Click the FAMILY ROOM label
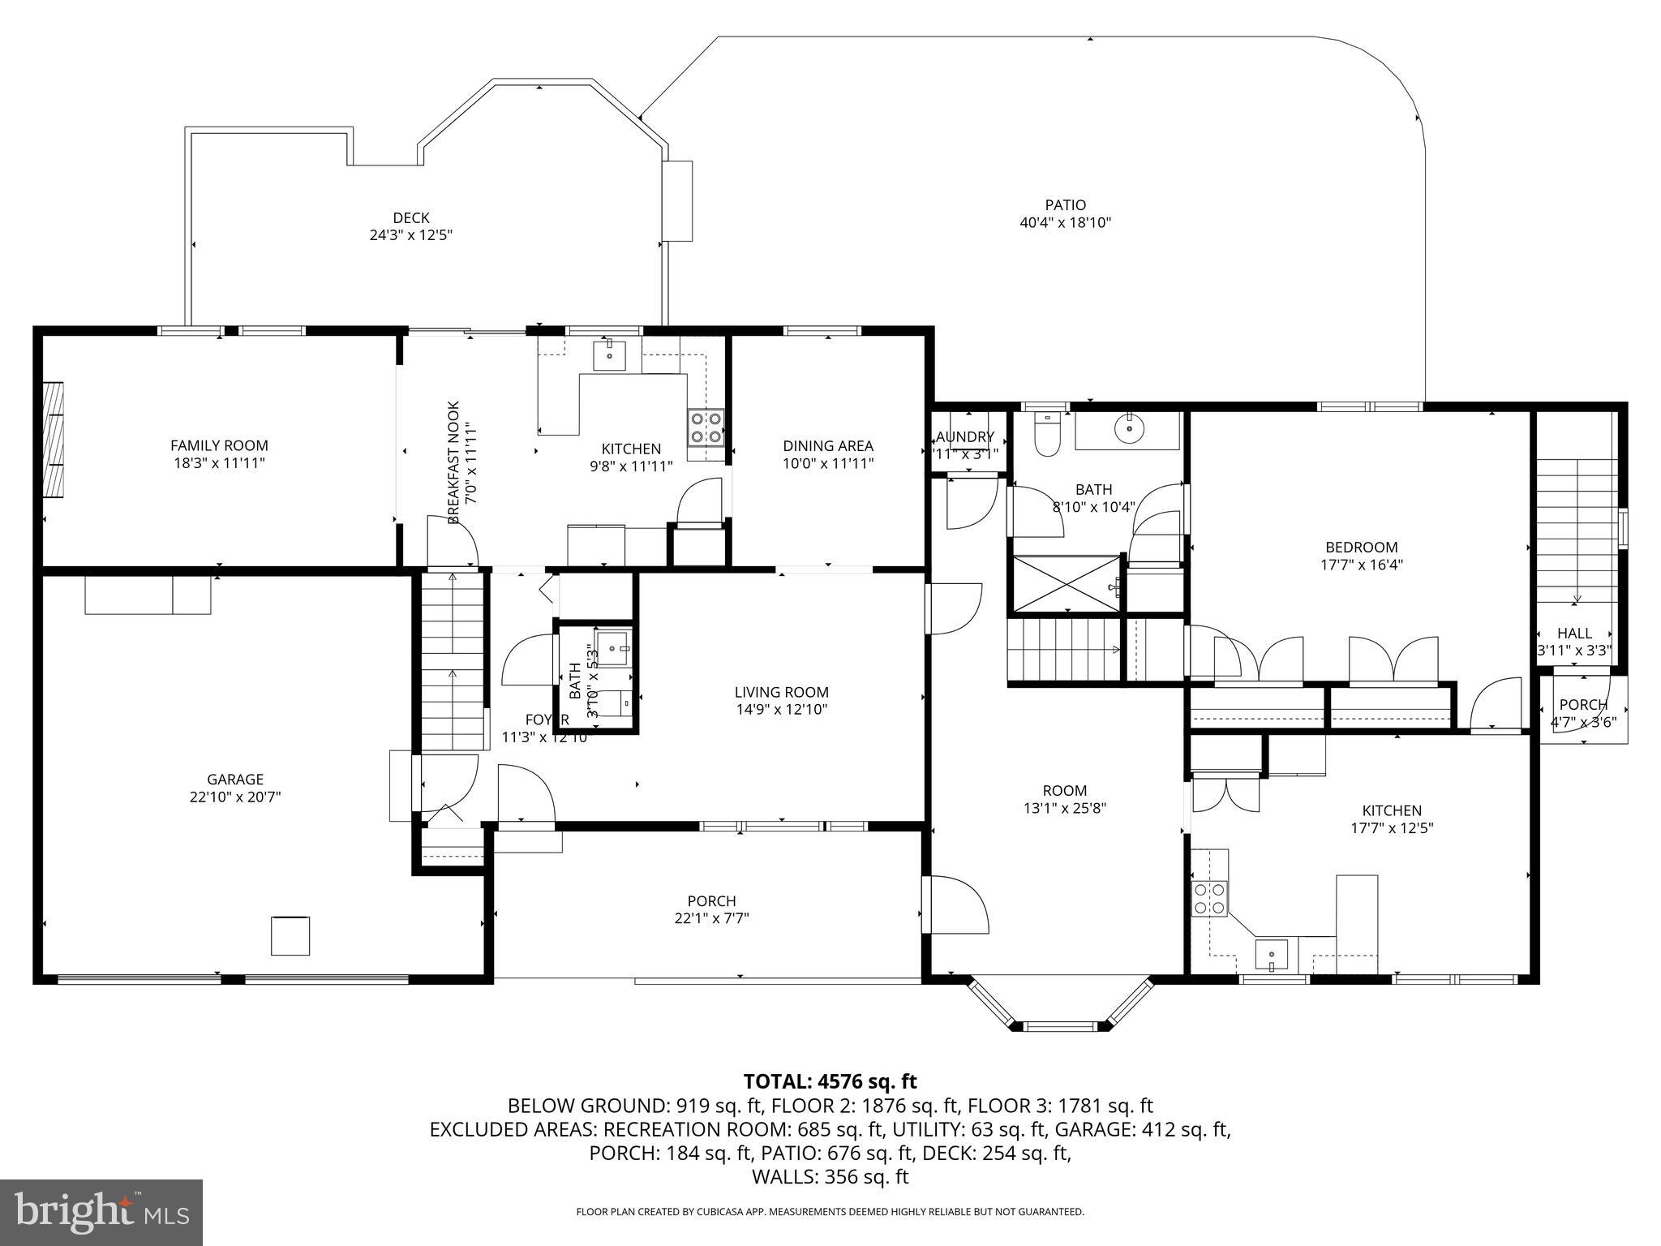(x=219, y=445)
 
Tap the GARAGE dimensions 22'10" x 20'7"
(x=235, y=797)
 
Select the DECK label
(x=410, y=217)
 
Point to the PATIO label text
(x=1065, y=205)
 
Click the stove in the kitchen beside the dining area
(x=706, y=428)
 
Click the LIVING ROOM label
(x=781, y=692)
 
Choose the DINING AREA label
(x=827, y=445)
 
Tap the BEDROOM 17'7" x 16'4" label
(x=1361, y=547)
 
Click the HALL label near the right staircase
(x=1574, y=633)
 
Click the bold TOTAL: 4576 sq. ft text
(x=830, y=1081)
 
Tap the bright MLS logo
(x=101, y=1212)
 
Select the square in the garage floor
(x=290, y=935)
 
